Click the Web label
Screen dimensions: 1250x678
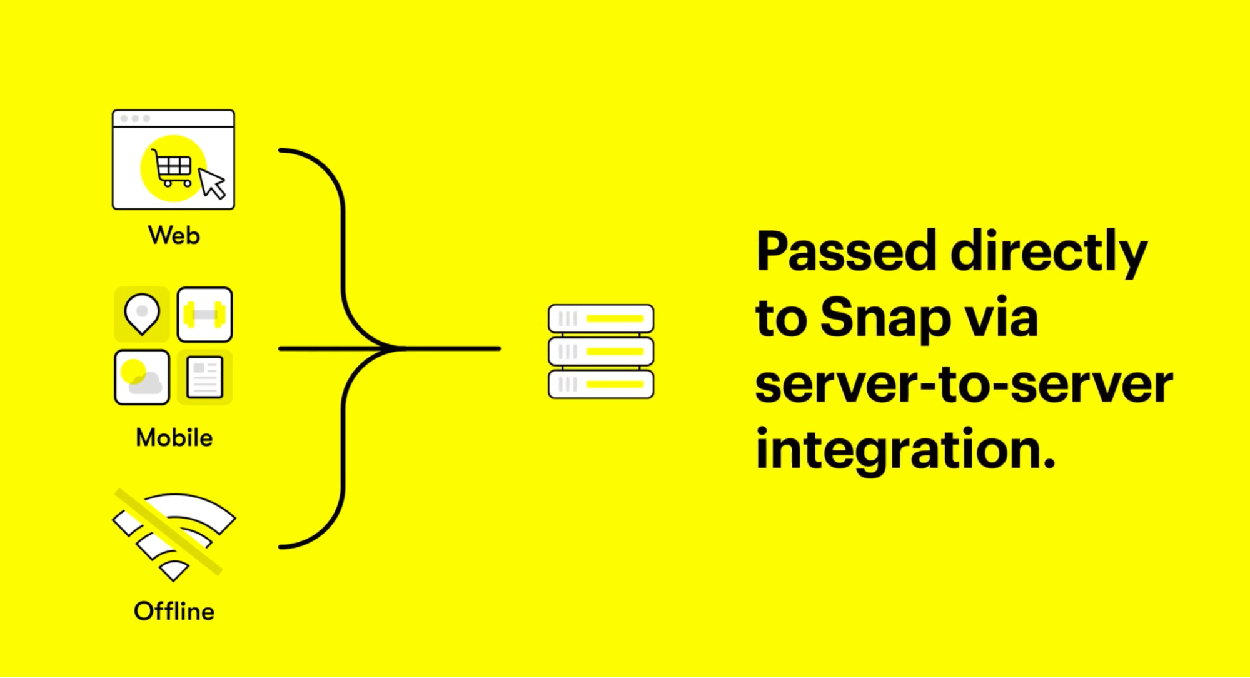pyautogui.click(x=174, y=236)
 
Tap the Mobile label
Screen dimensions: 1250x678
pyautogui.click(x=174, y=438)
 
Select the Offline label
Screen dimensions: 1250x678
pyautogui.click(x=174, y=611)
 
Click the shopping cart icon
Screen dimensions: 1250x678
pyautogui.click(x=172, y=168)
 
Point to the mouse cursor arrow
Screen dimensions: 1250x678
pyautogui.click(x=212, y=183)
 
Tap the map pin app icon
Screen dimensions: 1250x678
pyautogui.click(x=142, y=315)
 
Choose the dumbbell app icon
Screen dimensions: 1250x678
pyautogui.click(x=205, y=315)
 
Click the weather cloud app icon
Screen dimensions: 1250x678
pyautogui.click(x=142, y=377)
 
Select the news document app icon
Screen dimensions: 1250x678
pyautogui.click(x=205, y=377)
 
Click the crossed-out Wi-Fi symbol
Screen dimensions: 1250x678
pyautogui.click(x=174, y=535)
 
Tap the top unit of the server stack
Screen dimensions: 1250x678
pyautogui.click(x=601, y=318)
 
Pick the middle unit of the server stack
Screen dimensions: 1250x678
pyautogui.click(x=601, y=352)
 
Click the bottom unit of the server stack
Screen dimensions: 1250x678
pyautogui.click(x=601, y=384)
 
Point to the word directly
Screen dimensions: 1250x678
pyautogui.click(x=1049, y=254)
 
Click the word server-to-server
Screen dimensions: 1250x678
pyautogui.click(x=964, y=384)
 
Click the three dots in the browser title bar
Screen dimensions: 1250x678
pyautogui.click(x=135, y=118)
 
